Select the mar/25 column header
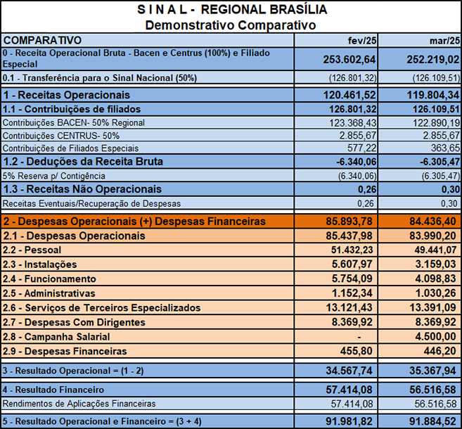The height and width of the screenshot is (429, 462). [x=444, y=40]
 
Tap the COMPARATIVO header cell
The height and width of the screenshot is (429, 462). [x=42, y=40]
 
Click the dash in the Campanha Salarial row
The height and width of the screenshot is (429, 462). [x=378, y=336]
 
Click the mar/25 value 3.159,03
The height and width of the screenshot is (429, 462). [x=437, y=264]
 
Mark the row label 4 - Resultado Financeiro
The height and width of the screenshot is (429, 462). [x=53, y=389]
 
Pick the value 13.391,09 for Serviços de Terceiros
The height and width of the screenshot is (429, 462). [x=434, y=307]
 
